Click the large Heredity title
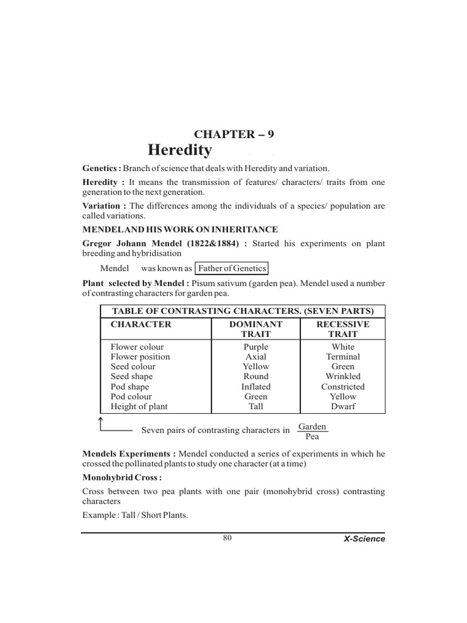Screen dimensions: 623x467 [x=180, y=151]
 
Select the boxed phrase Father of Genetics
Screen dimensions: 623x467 [x=231, y=268]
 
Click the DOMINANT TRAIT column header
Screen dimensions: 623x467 [x=255, y=329]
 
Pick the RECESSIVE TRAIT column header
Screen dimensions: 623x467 [x=343, y=329]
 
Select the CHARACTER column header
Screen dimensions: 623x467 [x=141, y=324]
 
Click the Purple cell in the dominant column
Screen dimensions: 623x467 [x=255, y=347]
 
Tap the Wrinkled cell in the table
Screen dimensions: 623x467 [x=343, y=377]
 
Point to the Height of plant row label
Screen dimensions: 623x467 [x=139, y=406]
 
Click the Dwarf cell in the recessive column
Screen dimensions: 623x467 [x=343, y=406]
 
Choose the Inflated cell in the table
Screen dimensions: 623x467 [x=255, y=386]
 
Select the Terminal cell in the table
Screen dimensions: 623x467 [x=343, y=357]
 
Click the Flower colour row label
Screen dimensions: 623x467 [x=137, y=347]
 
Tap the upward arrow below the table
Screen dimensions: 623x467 [x=101, y=422]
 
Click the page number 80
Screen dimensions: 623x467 [x=227, y=537]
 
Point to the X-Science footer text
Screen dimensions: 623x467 [x=364, y=539]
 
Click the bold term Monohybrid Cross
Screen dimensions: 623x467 [x=122, y=478]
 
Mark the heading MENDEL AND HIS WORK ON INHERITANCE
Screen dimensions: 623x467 [x=180, y=229]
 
